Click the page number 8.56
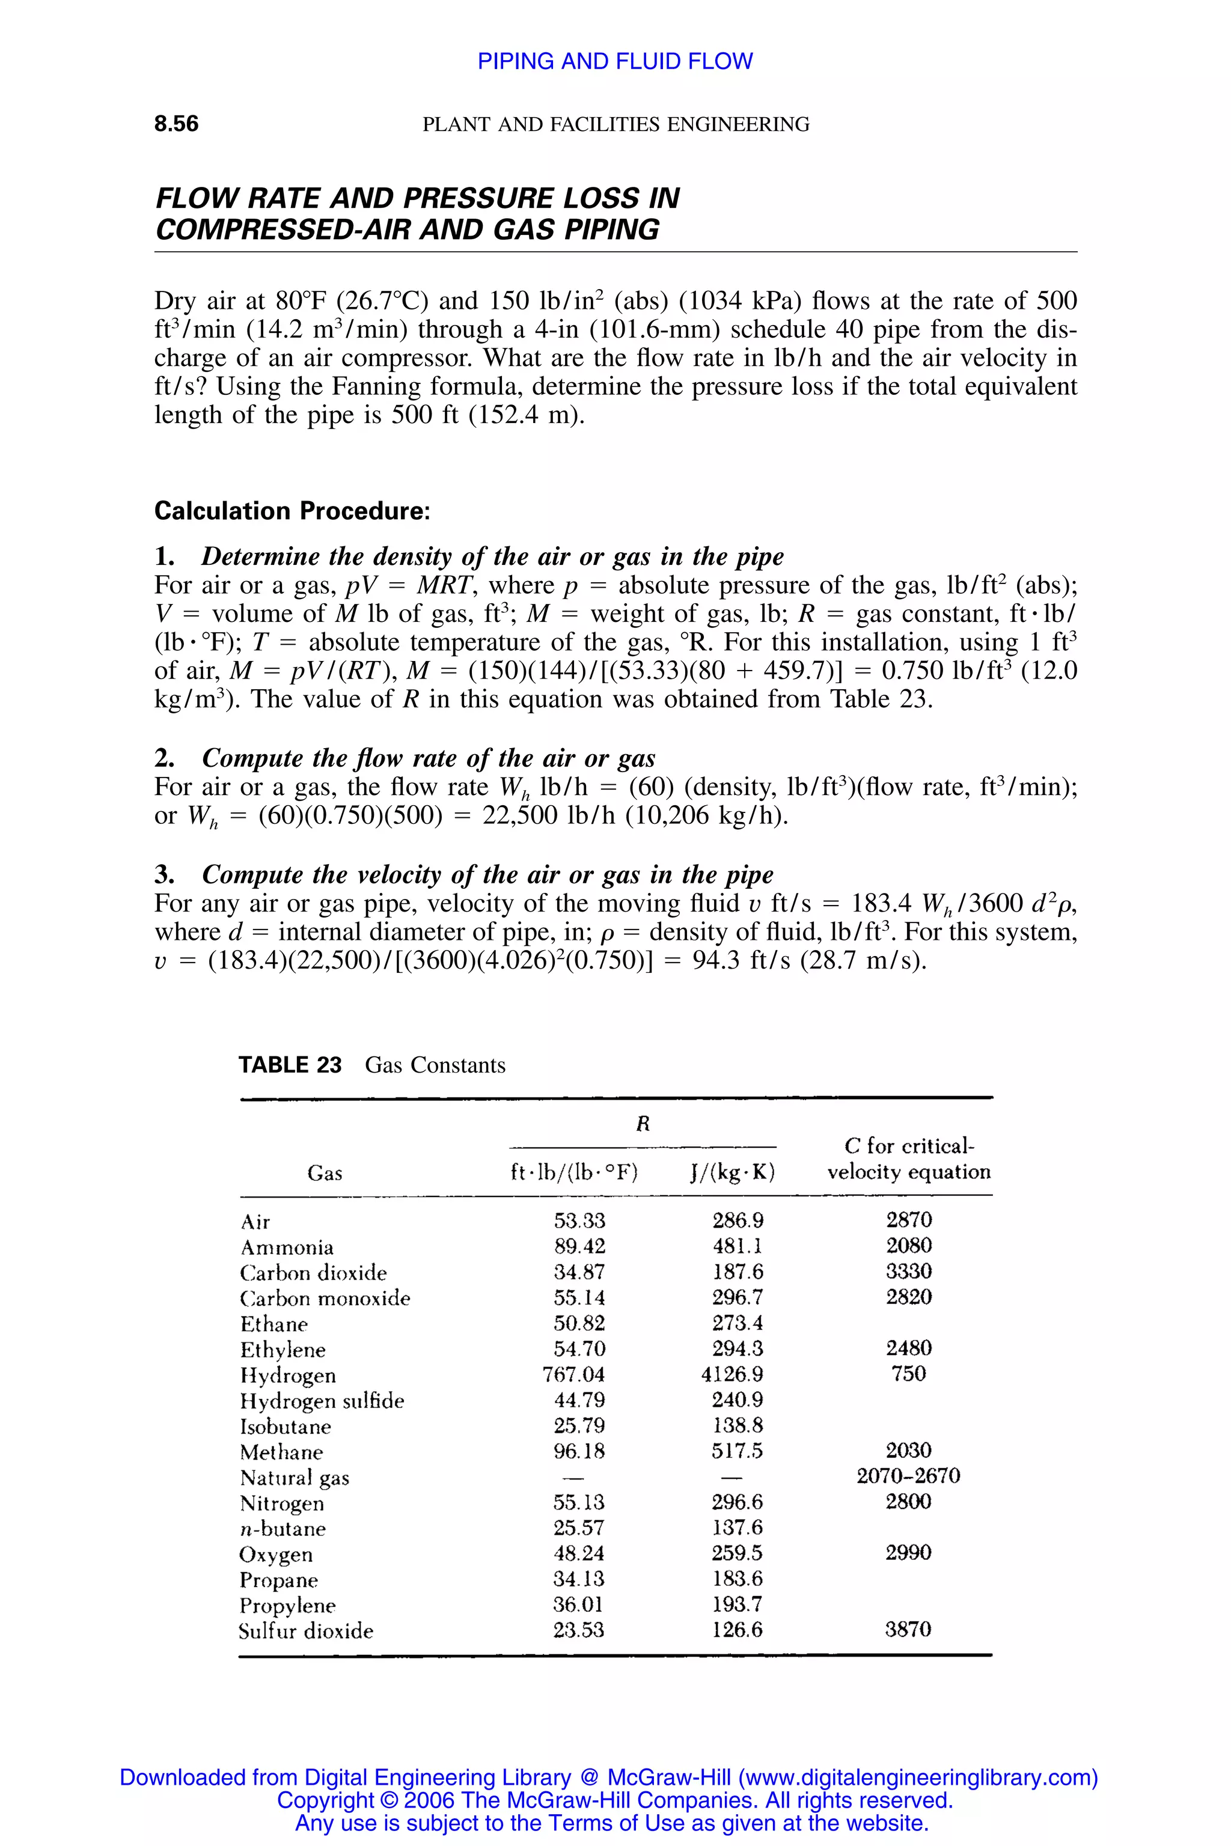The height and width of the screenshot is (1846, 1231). click(x=177, y=123)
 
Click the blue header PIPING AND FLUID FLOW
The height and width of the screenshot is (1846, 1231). click(x=615, y=61)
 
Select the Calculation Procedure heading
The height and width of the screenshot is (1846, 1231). click(x=292, y=511)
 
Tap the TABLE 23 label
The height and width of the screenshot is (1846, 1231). click(x=290, y=1065)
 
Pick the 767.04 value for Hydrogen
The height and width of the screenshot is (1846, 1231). click(x=574, y=1374)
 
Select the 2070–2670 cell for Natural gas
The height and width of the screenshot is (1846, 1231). click(x=908, y=1476)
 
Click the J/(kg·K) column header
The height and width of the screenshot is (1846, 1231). click(x=733, y=1172)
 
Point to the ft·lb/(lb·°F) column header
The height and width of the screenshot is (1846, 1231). click(x=574, y=1172)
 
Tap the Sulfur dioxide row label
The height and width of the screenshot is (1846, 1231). click(x=306, y=1631)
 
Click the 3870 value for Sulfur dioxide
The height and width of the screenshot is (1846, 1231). click(x=908, y=1630)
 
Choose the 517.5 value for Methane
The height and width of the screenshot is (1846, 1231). click(x=737, y=1451)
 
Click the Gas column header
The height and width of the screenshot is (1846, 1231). click(x=325, y=1174)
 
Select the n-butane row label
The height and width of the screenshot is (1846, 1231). click(x=283, y=1528)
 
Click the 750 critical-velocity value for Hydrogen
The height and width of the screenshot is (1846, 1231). click(x=908, y=1374)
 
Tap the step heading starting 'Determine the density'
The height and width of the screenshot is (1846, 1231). click(x=492, y=556)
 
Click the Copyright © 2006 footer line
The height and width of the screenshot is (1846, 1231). click(x=615, y=1800)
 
